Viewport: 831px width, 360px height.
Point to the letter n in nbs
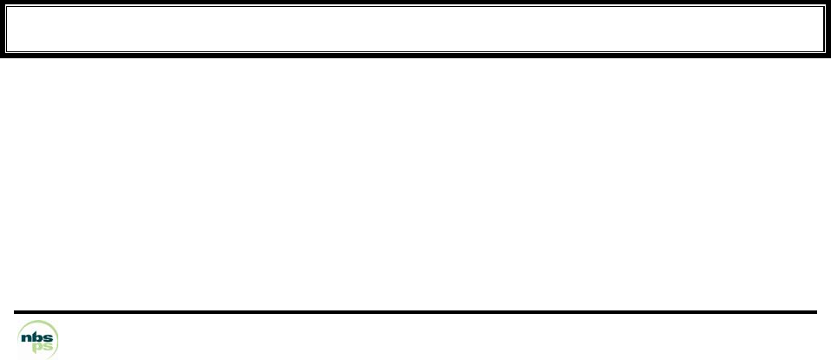[x=28, y=335]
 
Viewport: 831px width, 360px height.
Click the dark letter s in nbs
[x=50, y=335]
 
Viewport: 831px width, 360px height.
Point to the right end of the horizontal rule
[x=815, y=311]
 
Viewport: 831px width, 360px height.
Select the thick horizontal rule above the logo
[x=415, y=311]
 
